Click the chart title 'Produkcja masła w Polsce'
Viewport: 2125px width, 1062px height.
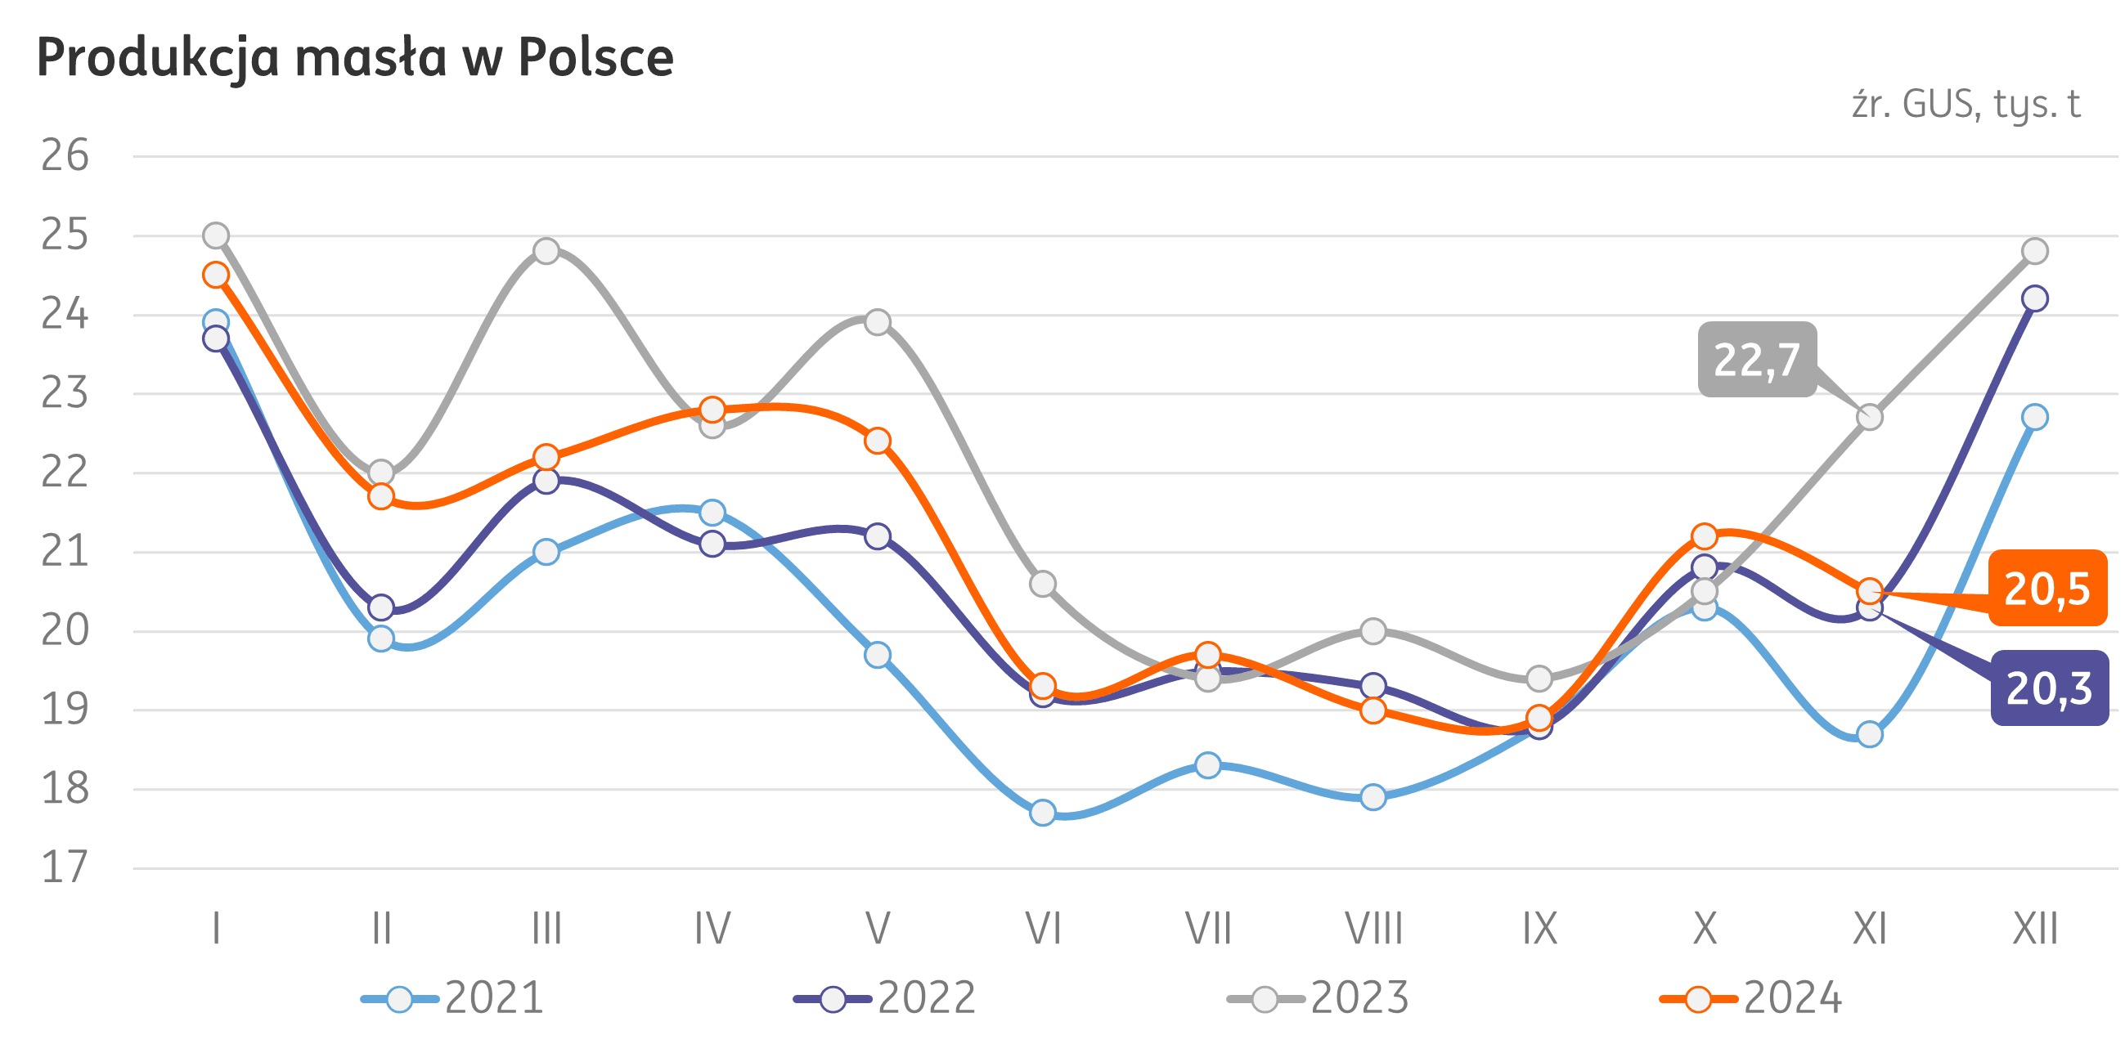tap(355, 58)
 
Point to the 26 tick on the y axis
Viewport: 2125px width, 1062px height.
tap(65, 156)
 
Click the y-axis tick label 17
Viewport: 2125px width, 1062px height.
tap(65, 868)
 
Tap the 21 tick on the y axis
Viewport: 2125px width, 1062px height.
tap(65, 552)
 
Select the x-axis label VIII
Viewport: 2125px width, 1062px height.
tap(1373, 930)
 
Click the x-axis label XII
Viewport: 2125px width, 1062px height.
tap(2035, 930)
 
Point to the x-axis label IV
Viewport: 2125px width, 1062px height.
tap(712, 930)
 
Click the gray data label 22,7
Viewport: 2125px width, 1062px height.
tap(1756, 361)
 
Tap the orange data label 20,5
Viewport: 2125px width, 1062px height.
tap(2046, 589)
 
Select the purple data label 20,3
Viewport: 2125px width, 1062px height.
tap(2048, 688)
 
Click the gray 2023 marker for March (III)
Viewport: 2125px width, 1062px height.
tap(546, 251)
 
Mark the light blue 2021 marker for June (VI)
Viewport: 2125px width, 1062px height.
tap(1043, 813)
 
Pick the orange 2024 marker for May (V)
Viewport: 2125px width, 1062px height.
tap(878, 441)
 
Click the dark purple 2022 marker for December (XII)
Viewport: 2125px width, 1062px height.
tap(2035, 298)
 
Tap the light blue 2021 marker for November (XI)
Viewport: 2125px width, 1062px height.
tap(1870, 734)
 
